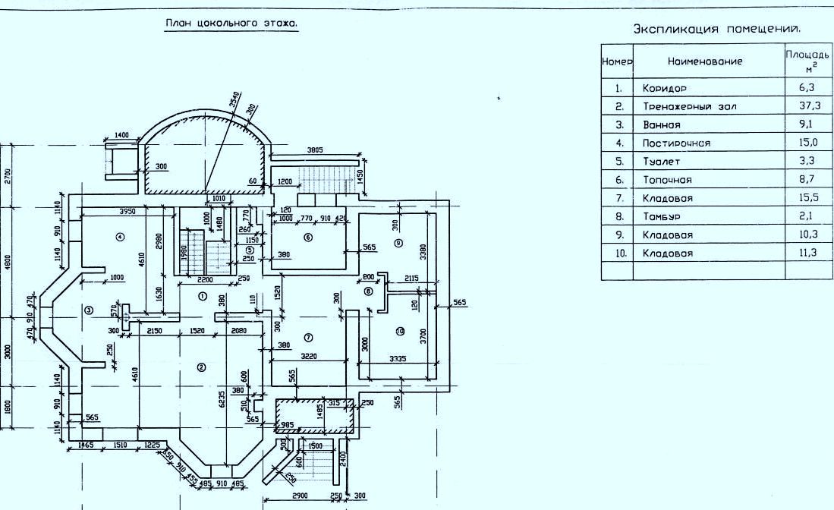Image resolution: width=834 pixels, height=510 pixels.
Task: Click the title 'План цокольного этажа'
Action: coord(231,24)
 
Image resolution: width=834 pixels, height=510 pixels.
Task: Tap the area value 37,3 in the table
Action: coord(809,105)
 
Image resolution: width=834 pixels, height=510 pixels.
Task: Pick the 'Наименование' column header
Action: coord(705,61)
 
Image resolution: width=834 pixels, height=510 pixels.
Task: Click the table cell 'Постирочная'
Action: coord(676,143)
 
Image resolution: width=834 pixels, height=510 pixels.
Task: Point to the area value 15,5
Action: coord(809,198)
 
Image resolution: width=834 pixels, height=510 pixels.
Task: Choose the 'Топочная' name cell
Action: coord(667,180)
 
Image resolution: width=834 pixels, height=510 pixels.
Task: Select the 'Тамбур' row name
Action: coord(662,216)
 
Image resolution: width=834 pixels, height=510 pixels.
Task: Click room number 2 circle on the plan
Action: coord(202,367)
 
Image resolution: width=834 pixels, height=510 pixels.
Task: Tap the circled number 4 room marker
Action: coord(119,237)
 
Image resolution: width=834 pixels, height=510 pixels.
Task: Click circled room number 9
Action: coord(398,244)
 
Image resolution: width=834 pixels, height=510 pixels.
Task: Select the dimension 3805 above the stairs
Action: coord(315,150)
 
